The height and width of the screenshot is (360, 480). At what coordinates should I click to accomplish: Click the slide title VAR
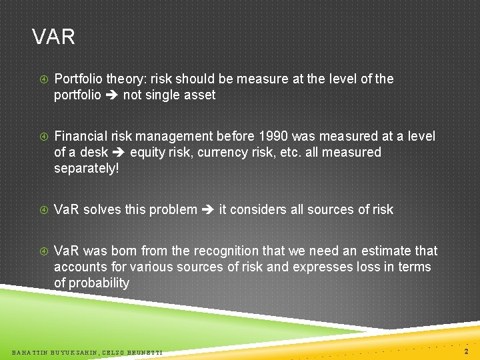coord(53,37)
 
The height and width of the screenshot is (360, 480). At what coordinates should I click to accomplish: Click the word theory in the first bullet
coord(122,79)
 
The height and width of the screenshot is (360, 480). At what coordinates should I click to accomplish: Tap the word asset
coord(200,95)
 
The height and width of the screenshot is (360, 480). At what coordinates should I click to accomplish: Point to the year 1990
coord(277,136)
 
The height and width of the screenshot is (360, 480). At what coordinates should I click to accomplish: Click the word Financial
coord(81,136)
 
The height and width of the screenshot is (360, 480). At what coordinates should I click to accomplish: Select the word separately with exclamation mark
coord(87,168)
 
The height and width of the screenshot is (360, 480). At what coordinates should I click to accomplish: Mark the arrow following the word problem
coord(208,209)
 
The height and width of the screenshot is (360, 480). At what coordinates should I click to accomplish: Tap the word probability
coord(99,283)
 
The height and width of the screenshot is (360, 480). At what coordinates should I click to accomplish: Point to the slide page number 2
coord(466,351)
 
